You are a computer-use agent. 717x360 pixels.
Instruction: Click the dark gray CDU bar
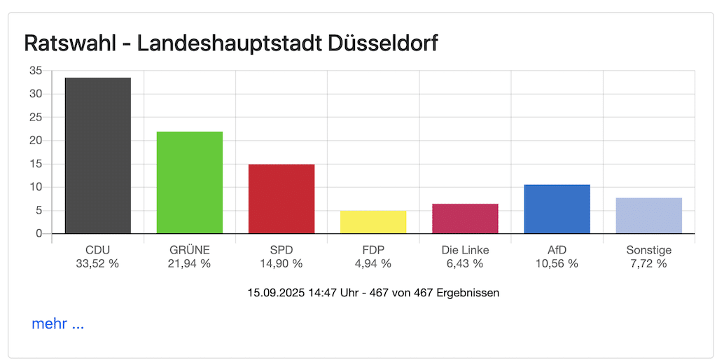click(97, 155)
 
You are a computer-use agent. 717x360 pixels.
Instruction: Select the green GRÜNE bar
click(189, 182)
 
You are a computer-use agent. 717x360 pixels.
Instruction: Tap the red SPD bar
click(281, 199)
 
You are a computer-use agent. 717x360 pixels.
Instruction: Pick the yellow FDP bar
click(373, 222)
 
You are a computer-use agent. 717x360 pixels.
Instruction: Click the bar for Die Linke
click(465, 219)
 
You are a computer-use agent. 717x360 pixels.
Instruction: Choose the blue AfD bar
click(557, 209)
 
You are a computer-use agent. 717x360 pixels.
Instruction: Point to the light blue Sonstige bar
click(648, 216)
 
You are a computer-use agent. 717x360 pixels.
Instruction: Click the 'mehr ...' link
click(58, 324)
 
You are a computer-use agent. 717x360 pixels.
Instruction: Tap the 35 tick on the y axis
click(36, 71)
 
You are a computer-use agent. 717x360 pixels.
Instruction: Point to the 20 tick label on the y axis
click(36, 141)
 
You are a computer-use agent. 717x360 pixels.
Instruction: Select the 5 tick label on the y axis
click(39, 211)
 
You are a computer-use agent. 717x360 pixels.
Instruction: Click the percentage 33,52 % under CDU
click(97, 264)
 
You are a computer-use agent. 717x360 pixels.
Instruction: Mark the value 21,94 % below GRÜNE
click(189, 264)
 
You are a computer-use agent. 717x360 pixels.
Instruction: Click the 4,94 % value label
click(373, 264)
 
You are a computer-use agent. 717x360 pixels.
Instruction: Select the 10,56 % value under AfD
click(557, 264)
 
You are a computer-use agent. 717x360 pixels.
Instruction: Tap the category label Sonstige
click(648, 250)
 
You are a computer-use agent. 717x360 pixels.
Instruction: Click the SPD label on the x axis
click(281, 250)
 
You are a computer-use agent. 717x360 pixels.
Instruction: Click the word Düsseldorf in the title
click(382, 43)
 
